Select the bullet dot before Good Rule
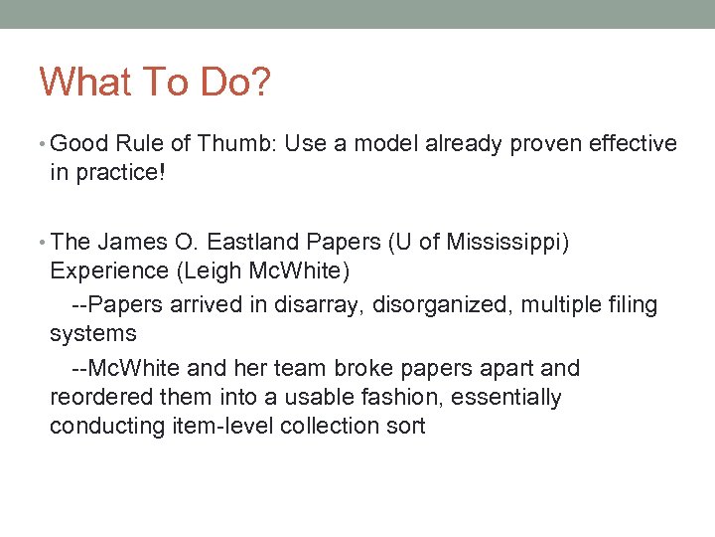43,145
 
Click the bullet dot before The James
43,243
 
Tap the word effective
633,144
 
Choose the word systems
92,333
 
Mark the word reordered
97,398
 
